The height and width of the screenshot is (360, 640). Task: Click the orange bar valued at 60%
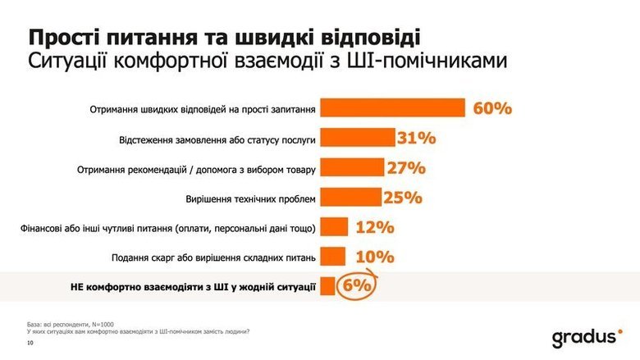[393, 109]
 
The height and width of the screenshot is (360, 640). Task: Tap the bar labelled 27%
[351, 167]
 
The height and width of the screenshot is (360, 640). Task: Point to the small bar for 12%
[332, 226]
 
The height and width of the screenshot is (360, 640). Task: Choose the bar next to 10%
[331, 257]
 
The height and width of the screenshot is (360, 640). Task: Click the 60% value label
[492, 109]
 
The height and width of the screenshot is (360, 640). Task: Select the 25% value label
[402, 197]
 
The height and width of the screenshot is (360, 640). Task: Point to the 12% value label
[374, 226]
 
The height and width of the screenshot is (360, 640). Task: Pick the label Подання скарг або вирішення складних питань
[212, 257]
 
